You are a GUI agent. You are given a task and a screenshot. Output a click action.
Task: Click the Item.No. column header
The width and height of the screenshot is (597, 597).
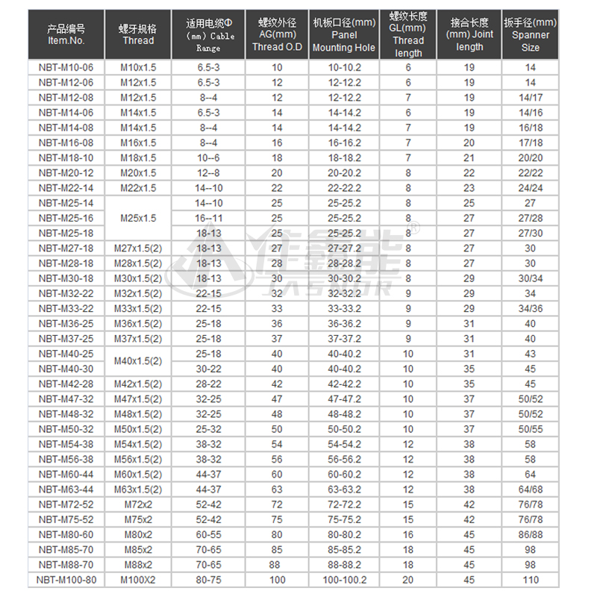pyautogui.click(x=66, y=35)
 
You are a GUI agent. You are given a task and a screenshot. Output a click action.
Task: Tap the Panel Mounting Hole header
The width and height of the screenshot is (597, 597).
pyautogui.click(x=343, y=35)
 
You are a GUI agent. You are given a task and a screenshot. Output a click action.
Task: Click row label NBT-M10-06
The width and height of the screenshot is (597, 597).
pyautogui.click(x=66, y=67)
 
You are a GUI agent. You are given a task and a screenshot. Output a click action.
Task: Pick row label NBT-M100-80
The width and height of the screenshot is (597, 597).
pyautogui.click(x=66, y=580)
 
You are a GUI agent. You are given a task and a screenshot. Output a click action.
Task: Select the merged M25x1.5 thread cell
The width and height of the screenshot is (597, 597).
pyautogui.click(x=138, y=218)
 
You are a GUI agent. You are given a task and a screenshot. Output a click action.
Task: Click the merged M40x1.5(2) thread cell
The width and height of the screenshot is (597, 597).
pyautogui.click(x=138, y=361)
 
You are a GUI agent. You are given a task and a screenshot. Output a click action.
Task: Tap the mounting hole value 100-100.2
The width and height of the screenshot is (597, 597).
pyautogui.click(x=343, y=580)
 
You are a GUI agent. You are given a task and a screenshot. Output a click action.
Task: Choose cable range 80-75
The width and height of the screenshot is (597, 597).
pyautogui.click(x=208, y=580)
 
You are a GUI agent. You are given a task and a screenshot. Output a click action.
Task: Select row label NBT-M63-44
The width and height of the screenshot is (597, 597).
pyautogui.click(x=66, y=490)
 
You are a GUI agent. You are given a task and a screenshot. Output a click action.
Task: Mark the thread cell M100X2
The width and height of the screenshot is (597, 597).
pyautogui.click(x=138, y=580)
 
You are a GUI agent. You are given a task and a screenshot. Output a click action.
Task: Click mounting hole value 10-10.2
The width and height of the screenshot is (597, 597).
pyautogui.click(x=343, y=67)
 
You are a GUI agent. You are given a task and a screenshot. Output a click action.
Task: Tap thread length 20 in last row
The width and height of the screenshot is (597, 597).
pyautogui.click(x=408, y=580)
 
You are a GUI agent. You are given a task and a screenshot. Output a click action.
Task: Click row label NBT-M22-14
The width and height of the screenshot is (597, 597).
pyautogui.click(x=66, y=188)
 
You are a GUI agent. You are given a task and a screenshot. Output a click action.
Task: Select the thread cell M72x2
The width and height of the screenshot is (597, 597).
pyautogui.click(x=138, y=504)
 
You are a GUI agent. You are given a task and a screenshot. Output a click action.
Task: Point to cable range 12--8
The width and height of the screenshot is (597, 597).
pyautogui.click(x=208, y=172)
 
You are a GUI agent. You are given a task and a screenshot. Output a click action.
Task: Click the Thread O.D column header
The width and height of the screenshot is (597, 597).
pyautogui.click(x=277, y=35)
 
